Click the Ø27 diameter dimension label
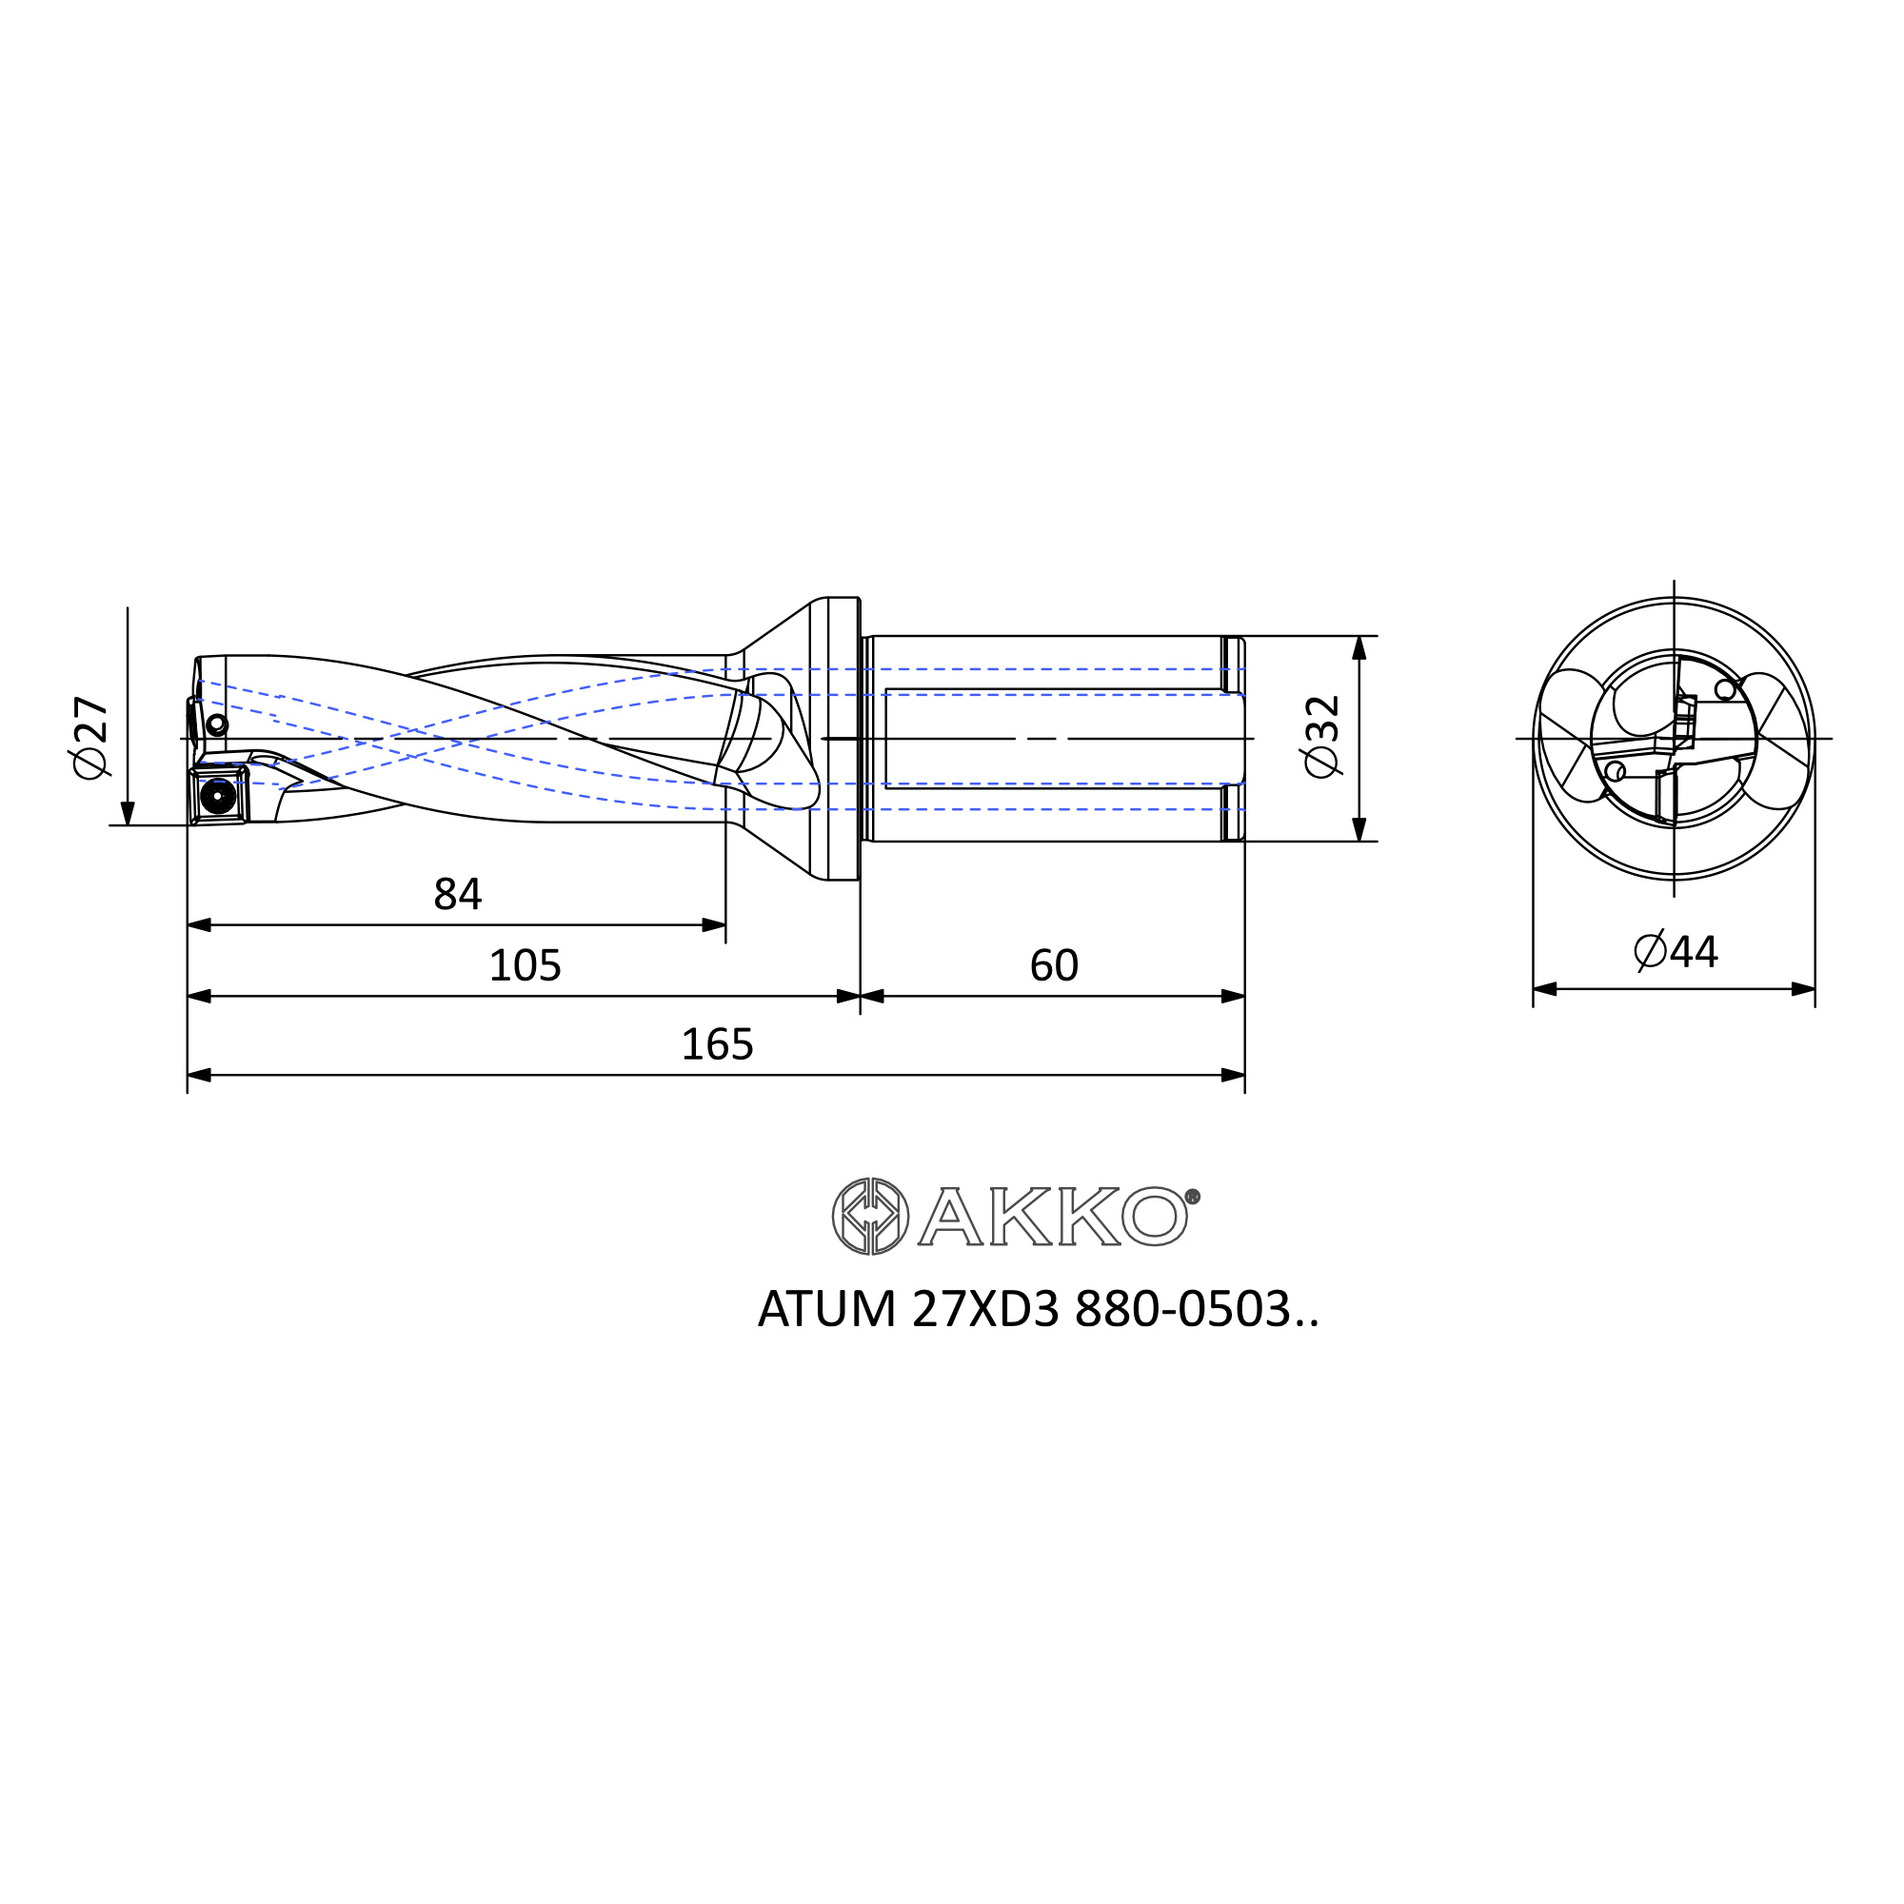tap(89, 737)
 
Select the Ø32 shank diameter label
tap(1321, 736)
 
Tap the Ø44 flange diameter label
tap(1676, 952)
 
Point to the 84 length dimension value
tap(457, 895)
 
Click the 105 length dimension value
tap(525, 965)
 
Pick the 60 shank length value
tap(1054, 965)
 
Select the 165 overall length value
tap(717, 1044)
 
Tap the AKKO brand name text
tap(1057, 1216)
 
